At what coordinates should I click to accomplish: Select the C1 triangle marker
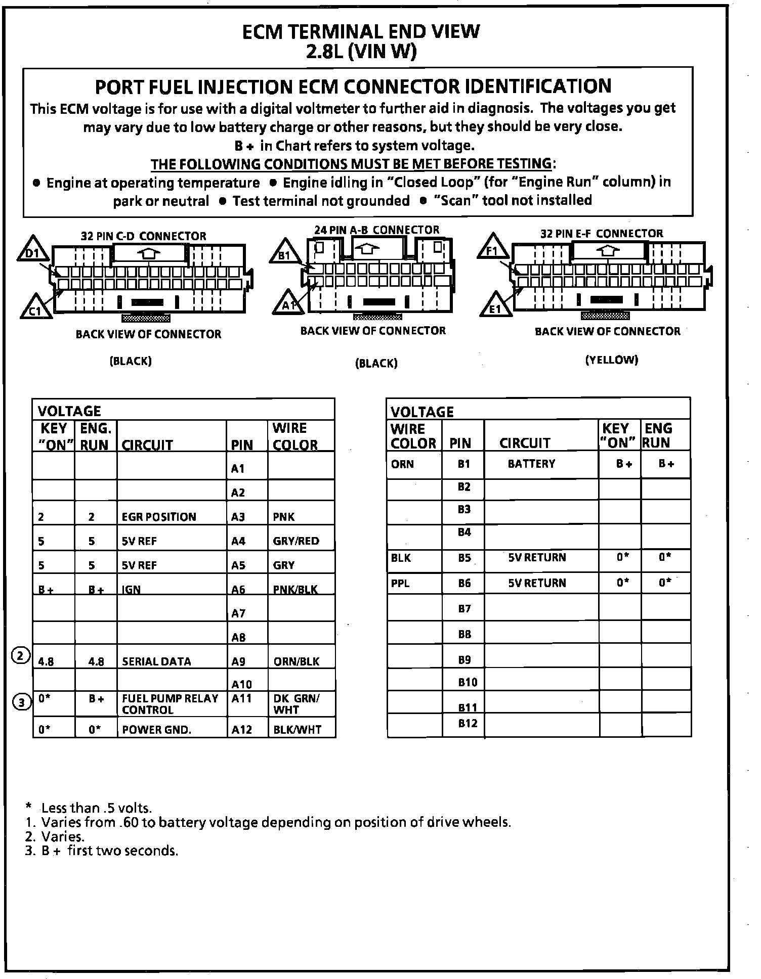[35, 308]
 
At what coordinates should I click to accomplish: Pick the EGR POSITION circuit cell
[159, 517]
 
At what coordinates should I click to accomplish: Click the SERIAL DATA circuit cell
[157, 661]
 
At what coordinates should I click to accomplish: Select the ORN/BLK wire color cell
[297, 661]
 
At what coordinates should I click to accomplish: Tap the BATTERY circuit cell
[531, 464]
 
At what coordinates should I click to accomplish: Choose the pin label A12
[241, 730]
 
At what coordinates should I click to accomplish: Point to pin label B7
[464, 608]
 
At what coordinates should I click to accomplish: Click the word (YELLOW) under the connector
[612, 360]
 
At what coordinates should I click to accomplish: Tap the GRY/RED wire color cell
[297, 541]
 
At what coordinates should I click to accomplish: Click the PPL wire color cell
[400, 583]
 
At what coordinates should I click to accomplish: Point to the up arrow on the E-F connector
[609, 250]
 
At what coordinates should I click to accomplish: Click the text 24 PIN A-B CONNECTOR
[377, 230]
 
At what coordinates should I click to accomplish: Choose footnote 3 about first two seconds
[102, 851]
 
